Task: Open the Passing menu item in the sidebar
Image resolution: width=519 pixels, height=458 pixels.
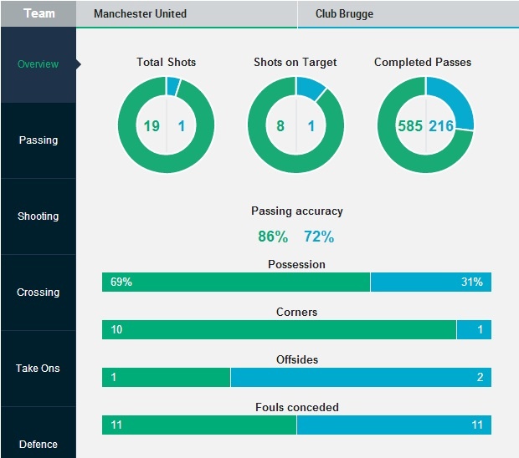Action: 39,140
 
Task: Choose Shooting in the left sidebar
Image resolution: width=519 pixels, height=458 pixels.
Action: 39,216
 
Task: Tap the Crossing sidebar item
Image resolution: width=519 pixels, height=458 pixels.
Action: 39,293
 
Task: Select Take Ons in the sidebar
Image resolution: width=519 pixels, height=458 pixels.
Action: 39,369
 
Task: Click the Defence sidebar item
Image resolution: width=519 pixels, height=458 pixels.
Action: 39,444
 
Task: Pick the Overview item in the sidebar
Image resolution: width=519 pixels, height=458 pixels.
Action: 39,64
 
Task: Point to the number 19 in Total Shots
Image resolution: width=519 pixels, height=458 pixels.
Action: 151,126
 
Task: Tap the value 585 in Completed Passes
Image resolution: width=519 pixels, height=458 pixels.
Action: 410,126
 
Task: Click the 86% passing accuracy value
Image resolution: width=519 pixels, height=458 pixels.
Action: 273,237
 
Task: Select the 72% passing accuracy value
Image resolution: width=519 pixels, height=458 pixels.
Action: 319,237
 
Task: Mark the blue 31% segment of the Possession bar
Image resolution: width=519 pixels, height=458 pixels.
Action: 430,282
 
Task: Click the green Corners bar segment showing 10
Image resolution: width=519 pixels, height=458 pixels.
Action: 279,330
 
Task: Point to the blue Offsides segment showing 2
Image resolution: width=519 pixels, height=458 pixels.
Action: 360,378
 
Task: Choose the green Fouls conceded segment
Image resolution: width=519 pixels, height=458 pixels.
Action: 199,425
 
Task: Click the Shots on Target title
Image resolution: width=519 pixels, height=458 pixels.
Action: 295,63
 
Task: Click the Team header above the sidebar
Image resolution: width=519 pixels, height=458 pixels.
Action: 39,14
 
